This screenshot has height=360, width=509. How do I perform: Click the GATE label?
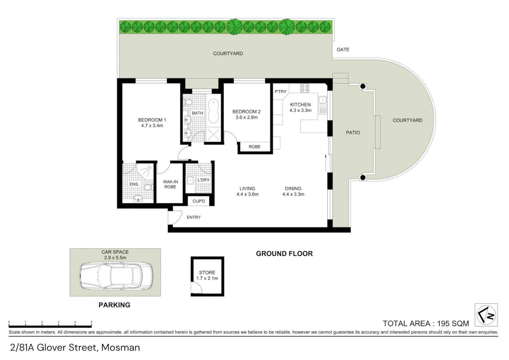coord(343,50)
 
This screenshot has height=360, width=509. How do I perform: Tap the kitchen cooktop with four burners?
coord(305,88)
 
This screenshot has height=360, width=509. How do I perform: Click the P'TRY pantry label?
coord(280,92)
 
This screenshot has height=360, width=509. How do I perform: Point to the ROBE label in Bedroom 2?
coord(255,147)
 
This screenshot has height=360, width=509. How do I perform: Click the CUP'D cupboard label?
coord(199,201)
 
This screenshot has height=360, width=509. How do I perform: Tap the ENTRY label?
coord(194,217)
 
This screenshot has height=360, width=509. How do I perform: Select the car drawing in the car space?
coord(116,277)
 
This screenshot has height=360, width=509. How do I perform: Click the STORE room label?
coord(207,273)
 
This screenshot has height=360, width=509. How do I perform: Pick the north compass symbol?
coord(486,315)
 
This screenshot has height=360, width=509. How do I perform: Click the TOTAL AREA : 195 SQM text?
coord(426,323)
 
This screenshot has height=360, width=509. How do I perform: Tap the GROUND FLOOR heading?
coord(284,254)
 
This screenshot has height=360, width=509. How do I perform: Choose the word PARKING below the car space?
coord(114,305)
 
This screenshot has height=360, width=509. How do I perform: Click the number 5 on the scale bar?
coord(92,322)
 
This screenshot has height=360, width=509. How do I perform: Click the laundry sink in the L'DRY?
coord(190,180)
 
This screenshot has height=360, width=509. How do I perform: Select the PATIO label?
coord(353,133)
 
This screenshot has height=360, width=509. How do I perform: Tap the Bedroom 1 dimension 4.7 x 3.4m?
coord(152,126)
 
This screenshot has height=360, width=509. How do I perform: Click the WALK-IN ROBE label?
coord(170,184)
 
